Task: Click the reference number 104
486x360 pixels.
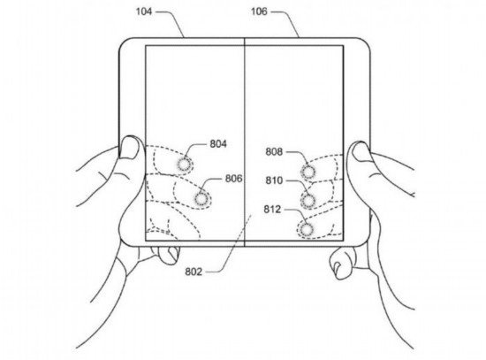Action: tap(144, 11)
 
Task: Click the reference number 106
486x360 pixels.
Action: tap(259, 11)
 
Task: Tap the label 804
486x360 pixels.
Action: tap(218, 144)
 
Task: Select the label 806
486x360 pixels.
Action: tap(233, 179)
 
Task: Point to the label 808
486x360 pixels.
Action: tap(274, 152)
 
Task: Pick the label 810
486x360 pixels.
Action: tap(274, 180)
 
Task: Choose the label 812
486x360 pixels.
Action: tap(272, 209)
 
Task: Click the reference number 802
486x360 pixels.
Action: tap(194, 272)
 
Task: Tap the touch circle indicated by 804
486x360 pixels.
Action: tap(184, 165)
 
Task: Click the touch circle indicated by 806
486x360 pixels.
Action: tap(201, 199)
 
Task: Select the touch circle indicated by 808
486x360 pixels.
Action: tap(308, 172)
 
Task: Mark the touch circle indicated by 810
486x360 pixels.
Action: tap(308, 201)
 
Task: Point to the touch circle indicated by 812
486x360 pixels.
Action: tap(307, 230)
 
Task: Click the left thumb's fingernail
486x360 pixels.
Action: tap(129, 148)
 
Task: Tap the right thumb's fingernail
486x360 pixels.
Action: tap(361, 152)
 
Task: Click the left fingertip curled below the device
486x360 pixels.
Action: tap(170, 255)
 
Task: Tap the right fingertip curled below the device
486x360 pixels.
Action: tap(338, 264)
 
